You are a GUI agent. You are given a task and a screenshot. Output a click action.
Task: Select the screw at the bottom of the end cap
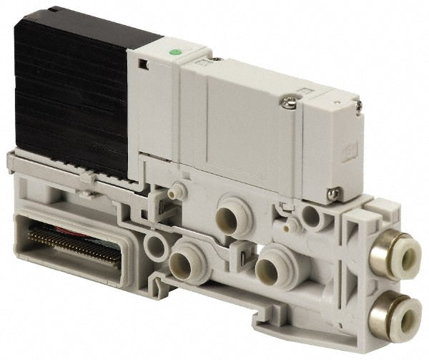coord(333,191)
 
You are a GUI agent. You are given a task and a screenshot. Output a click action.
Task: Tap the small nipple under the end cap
coord(289,226)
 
